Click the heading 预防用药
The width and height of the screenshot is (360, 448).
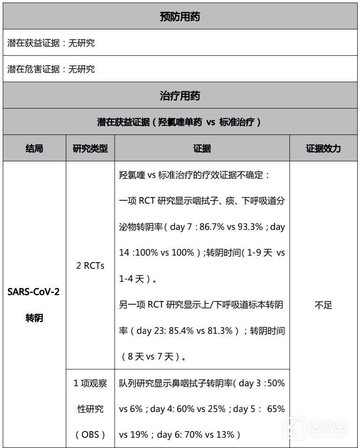tap(180, 17)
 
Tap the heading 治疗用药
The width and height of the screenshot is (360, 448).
tap(180, 96)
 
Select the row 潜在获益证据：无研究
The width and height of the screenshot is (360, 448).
tap(51, 43)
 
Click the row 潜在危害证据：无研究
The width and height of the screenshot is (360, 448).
tap(51, 69)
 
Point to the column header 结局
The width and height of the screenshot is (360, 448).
tap(34, 149)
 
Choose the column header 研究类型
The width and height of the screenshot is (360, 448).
tap(90, 149)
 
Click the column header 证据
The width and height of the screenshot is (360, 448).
tap(202, 149)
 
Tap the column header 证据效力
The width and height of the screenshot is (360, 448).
tap(323, 149)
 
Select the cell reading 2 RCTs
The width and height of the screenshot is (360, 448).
tap(90, 266)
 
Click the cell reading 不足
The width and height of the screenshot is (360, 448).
tap(323, 306)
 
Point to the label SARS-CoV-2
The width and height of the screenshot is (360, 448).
tap(34, 293)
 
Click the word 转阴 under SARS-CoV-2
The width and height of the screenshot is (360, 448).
tap(34, 318)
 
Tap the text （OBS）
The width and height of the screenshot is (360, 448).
tap(90, 434)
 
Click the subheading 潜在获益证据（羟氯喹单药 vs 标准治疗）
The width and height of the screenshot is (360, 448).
tap(180, 122)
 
